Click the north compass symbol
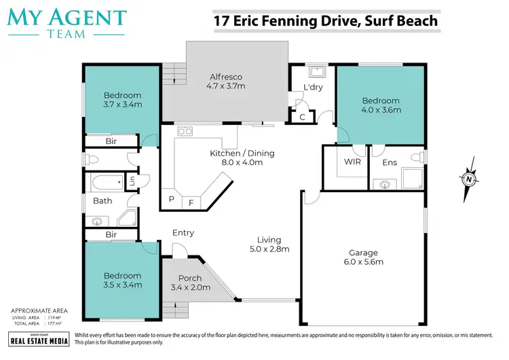[x=469, y=179]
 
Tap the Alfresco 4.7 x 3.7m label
[x=225, y=82]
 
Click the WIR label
[x=353, y=162]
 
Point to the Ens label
[x=390, y=162]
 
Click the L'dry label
[x=313, y=88]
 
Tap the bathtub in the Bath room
[x=106, y=181]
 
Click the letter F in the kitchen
[x=191, y=202]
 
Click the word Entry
[x=183, y=233]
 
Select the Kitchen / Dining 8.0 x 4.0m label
[x=242, y=158]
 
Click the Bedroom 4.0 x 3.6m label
[x=381, y=105]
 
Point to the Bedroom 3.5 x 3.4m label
[x=122, y=280]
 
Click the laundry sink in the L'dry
[x=316, y=70]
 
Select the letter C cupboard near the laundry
[x=302, y=118]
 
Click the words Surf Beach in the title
[x=400, y=21]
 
